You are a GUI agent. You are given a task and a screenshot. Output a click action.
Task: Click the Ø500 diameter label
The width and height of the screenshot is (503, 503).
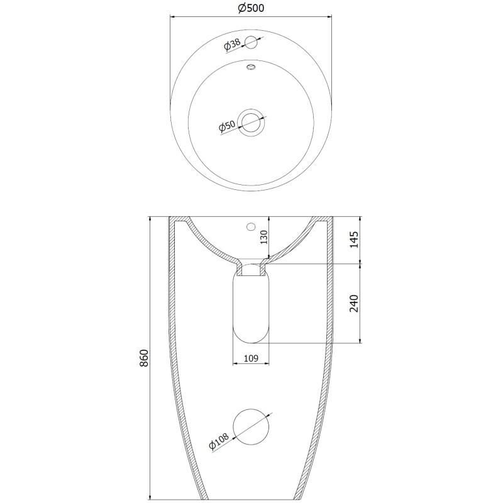point(251,8)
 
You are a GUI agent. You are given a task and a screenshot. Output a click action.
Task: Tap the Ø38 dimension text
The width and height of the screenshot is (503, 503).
point(232,45)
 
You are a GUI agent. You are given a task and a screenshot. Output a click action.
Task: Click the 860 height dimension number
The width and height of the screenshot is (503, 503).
point(144,358)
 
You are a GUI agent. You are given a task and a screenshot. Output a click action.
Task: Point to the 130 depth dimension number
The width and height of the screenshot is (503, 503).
point(263,238)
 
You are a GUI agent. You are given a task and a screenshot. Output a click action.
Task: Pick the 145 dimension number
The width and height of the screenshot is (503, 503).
point(354,240)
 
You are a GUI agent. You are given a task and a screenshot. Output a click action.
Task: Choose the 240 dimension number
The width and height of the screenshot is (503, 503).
point(354,303)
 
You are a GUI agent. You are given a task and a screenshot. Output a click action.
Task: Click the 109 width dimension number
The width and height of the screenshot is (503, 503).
point(251,358)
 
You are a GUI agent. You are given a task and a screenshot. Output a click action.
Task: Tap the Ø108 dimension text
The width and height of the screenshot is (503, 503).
point(219,441)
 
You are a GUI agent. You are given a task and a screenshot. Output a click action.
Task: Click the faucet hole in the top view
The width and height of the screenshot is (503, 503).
point(251,42)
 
